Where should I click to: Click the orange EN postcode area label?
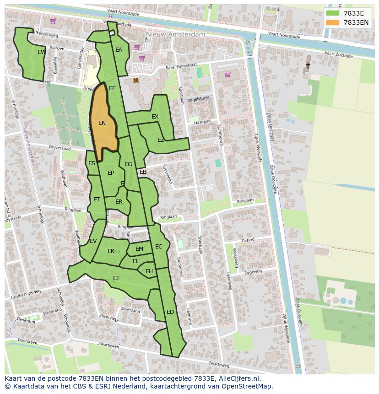point(102,123)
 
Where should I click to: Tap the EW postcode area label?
point(41,52)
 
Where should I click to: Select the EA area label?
point(119,50)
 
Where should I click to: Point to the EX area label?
point(155,117)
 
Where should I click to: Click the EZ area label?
point(161,140)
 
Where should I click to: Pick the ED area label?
point(170,312)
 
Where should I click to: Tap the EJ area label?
point(116,278)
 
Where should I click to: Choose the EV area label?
point(93,241)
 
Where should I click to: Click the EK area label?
point(111,251)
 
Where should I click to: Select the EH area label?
point(149,271)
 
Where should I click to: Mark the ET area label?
point(97,200)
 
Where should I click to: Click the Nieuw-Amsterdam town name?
point(175,34)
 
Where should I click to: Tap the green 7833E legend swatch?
point(332,13)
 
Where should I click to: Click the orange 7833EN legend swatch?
point(332,22)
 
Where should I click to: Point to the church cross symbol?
point(308,66)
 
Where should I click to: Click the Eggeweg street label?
point(253,272)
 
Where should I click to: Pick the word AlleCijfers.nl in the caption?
point(238,378)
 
